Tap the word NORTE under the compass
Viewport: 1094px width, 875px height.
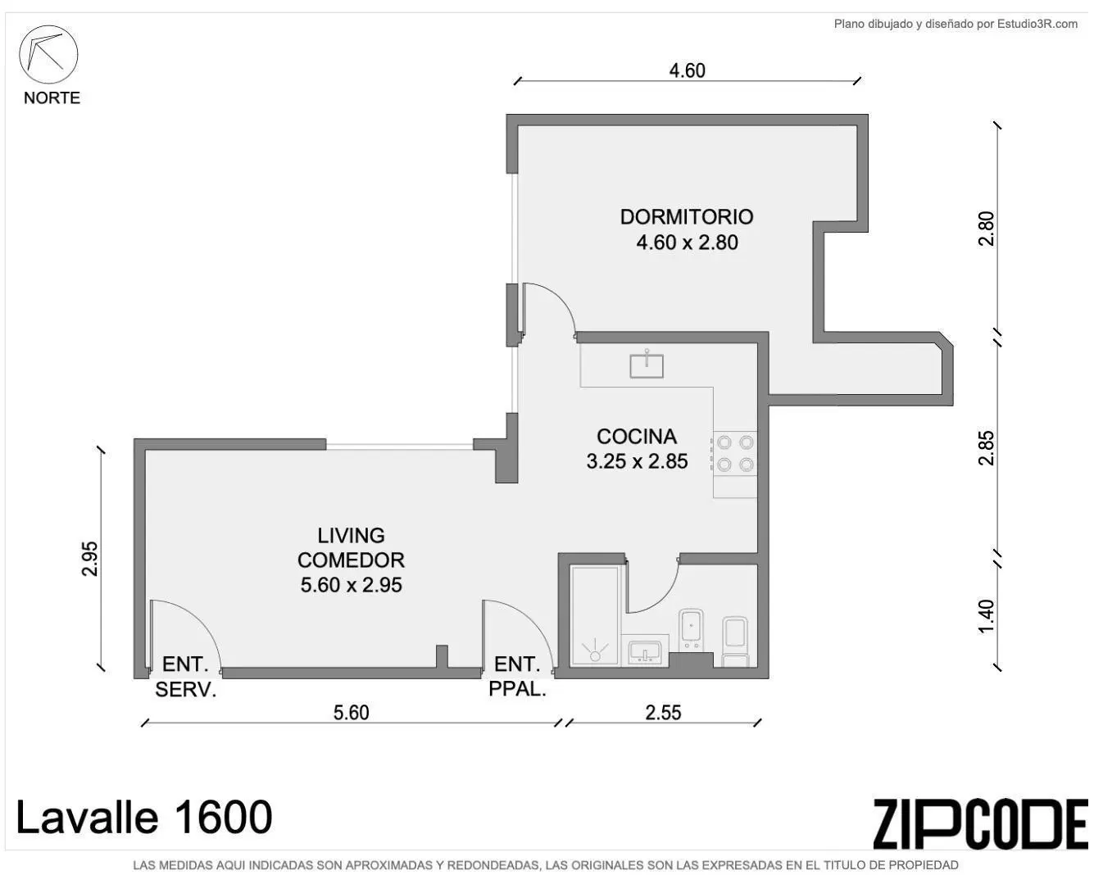tap(52, 97)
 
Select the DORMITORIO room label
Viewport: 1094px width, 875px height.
tap(686, 217)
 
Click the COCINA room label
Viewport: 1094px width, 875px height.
tap(637, 436)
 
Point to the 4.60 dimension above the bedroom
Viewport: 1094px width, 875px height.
tap(688, 70)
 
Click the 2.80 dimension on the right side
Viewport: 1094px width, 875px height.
tap(986, 229)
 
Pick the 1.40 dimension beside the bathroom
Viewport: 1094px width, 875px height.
tap(986, 616)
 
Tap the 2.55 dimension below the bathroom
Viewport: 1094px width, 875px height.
tap(663, 712)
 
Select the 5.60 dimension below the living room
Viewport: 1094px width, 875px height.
tap(351, 712)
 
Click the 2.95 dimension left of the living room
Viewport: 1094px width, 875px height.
tap(89, 559)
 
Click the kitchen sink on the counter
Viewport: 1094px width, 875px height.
tap(647, 365)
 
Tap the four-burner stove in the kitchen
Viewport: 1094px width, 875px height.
tap(734, 454)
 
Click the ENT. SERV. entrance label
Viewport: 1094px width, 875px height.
tap(185, 677)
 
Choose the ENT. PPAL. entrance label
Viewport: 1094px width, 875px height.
tap(517, 677)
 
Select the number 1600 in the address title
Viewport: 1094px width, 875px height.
tap(223, 817)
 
